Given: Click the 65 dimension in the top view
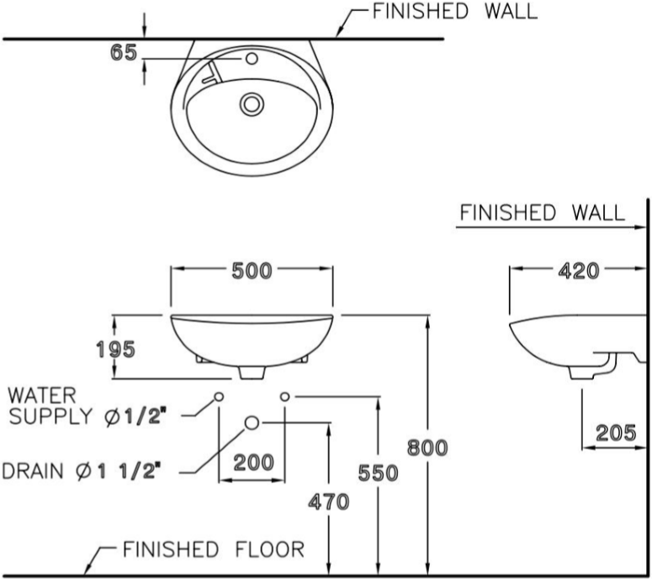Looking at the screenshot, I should tap(123, 52).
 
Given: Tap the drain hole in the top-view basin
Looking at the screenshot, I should tap(251, 104).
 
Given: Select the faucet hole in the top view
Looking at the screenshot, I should tap(250, 60).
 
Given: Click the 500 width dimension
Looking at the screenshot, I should tap(252, 271).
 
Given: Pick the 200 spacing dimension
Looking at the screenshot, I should tap(252, 461).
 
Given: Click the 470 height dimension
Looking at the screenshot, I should tap(328, 502).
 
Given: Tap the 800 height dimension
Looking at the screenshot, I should tap(428, 447).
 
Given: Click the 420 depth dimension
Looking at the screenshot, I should tap(580, 271).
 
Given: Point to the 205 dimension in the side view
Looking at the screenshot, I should tap(616, 433).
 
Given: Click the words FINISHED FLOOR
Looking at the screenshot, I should tap(214, 550).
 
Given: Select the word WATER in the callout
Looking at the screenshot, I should tap(41, 393).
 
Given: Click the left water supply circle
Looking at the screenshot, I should tap(219, 396).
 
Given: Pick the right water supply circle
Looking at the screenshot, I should tap(284, 396).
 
